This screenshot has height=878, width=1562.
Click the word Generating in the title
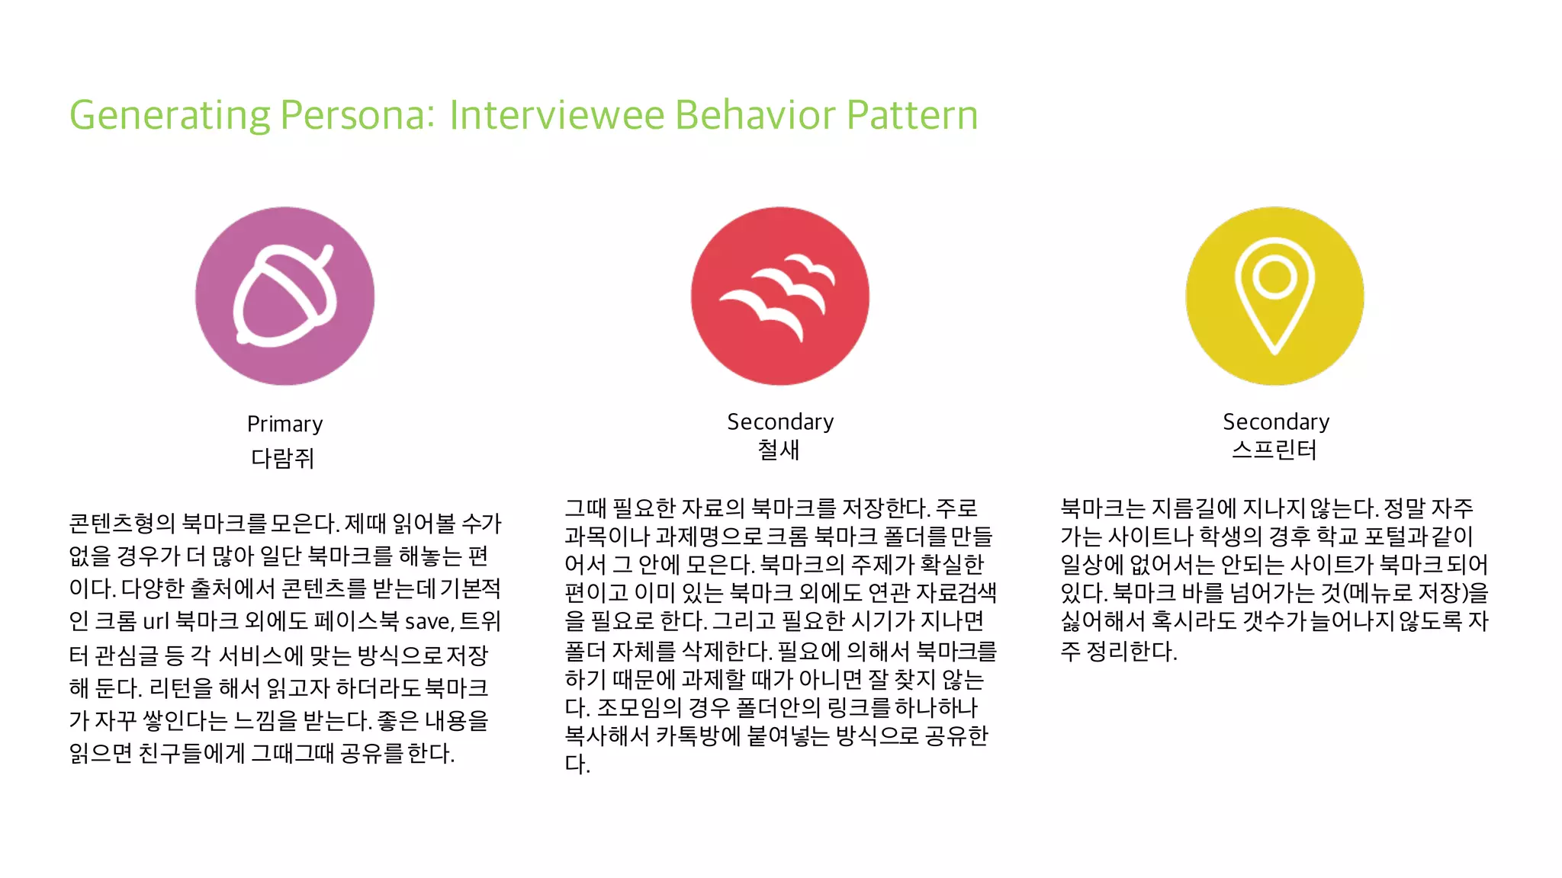tap(169, 116)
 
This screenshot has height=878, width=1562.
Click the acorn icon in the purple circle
tap(284, 296)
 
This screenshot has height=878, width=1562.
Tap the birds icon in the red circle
tap(779, 296)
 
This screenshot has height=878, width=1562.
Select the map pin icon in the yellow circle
tap(1274, 296)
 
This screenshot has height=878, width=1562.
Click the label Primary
tap(284, 424)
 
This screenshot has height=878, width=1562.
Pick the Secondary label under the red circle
tap(780, 421)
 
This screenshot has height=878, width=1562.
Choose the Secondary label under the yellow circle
tap(1276, 421)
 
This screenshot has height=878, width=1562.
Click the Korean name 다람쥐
tap(282, 458)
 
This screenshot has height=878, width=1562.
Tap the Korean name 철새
tap(779, 450)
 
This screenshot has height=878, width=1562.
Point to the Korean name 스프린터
tap(1274, 450)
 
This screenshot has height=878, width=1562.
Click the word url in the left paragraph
tap(156, 622)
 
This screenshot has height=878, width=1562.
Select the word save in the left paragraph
tap(428, 622)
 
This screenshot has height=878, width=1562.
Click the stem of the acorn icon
tap(324, 253)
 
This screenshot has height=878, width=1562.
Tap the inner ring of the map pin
tap(1274, 276)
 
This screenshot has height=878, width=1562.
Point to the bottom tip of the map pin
tap(1274, 350)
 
